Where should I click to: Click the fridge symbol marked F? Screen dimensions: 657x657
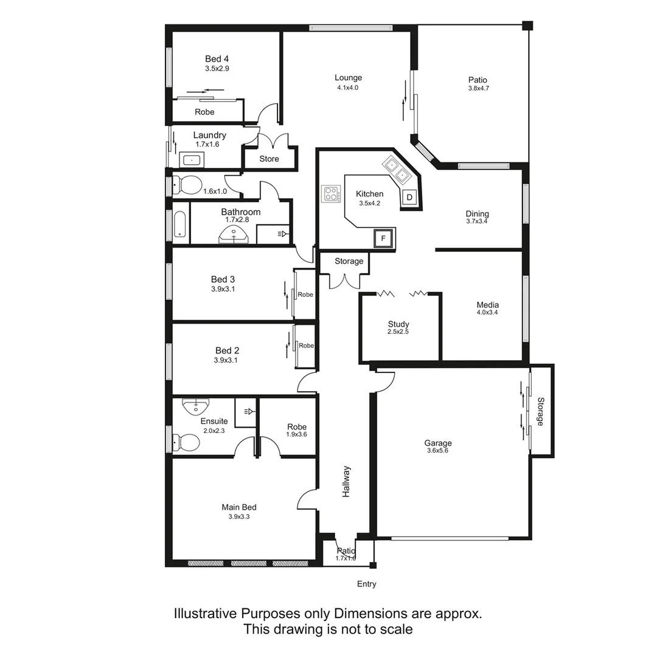pyautogui.click(x=383, y=238)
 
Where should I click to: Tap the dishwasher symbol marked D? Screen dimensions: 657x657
pyautogui.click(x=409, y=197)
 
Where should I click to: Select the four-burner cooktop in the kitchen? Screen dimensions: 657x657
pyautogui.click(x=332, y=194)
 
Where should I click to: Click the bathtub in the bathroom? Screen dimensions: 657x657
pyautogui.click(x=181, y=224)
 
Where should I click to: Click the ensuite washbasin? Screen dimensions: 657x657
pyautogui.click(x=196, y=405)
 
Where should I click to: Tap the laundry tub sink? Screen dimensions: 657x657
pyautogui.click(x=192, y=160)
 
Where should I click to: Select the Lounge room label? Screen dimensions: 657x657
pyautogui.click(x=348, y=77)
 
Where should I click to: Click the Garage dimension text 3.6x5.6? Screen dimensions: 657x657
pyautogui.click(x=437, y=451)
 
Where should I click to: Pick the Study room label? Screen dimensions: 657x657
pyautogui.click(x=398, y=324)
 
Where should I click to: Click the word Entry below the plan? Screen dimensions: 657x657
pyautogui.click(x=366, y=584)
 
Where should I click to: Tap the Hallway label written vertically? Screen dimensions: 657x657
pyautogui.click(x=346, y=482)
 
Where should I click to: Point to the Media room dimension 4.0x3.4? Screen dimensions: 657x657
pyautogui.click(x=488, y=313)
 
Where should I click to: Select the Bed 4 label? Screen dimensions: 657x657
pyautogui.click(x=217, y=59)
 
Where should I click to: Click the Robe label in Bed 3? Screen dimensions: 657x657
pyautogui.click(x=305, y=294)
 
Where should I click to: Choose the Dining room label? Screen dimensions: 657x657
pyautogui.click(x=477, y=214)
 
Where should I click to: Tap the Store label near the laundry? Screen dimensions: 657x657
pyautogui.click(x=269, y=159)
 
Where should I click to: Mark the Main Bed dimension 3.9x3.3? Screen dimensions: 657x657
pyautogui.click(x=239, y=516)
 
